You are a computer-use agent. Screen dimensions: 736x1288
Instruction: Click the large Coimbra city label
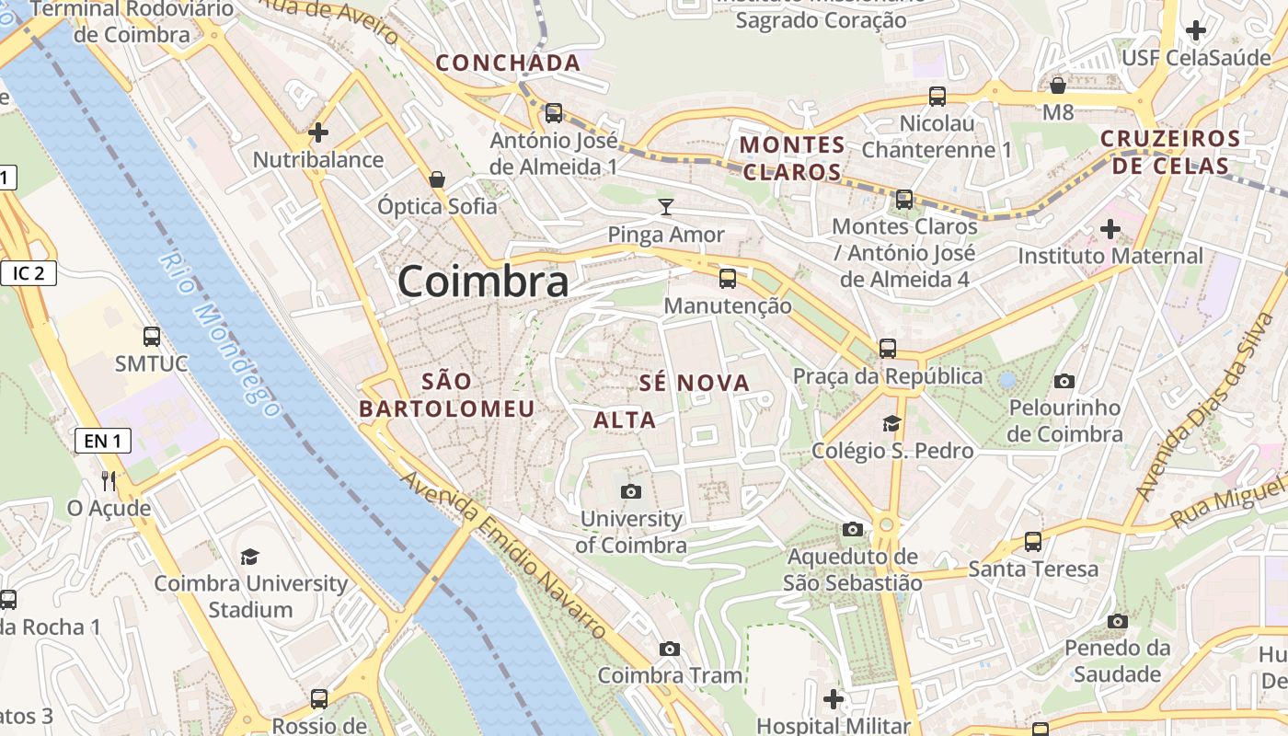click(x=483, y=281)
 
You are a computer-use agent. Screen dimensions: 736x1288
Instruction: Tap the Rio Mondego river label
click(x=219, y=333)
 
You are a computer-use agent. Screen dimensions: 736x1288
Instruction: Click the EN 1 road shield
click(x=102, y=441)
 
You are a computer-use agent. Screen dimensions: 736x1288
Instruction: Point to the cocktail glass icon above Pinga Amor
click(x=666, y=207)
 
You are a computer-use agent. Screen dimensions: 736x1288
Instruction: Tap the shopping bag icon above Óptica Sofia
click(x=437, y=178)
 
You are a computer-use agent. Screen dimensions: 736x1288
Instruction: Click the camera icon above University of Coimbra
click(x=630, y=491)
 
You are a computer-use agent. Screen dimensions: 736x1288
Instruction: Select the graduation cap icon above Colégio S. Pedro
click(x=891, y=423)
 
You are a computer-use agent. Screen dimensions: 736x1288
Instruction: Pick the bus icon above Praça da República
click(x=887, y=348)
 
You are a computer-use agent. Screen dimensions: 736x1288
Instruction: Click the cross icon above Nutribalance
click(x=318, y=132)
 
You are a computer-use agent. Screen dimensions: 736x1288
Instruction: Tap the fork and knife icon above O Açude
click(x=109, y=480)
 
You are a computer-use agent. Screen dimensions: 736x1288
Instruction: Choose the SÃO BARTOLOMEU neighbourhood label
click(x=447, y=395)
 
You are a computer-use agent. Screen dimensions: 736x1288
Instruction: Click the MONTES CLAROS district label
click(x=792, y=158)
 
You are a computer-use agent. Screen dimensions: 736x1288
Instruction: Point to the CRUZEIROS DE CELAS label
click(x=1170, y=153)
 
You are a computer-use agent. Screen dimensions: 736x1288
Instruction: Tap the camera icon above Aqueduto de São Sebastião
click(x=853, y=529)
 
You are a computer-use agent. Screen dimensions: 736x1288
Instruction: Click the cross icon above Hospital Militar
click(x=834, y=699)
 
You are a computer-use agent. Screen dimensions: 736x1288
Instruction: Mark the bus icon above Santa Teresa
click(x=1033, y=542)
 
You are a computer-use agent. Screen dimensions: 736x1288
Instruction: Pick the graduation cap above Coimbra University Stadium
click(x=249, y=557)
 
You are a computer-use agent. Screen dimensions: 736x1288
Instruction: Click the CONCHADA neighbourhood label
click(x=508, y=63)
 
